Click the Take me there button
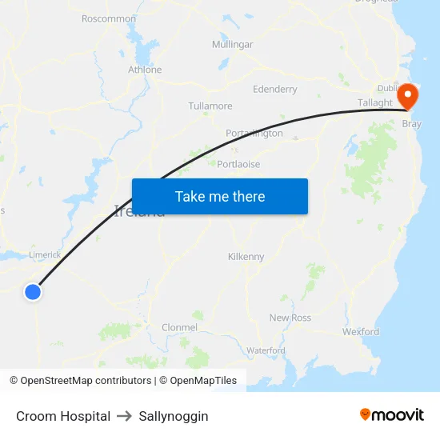(x=220, y=197)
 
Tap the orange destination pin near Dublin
(x=408, y=96)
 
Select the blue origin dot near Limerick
(x=33, y=292)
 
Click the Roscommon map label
(x=109, y=18)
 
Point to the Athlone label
(x=145, y=70)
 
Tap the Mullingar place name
(x=232, y=45)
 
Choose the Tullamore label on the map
(x=210, y=106)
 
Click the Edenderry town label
(x=274, y=90)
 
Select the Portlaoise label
(x=238, y=164)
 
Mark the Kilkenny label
(x=246, y=257)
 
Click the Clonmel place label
(x=179, y=327)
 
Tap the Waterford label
(x=266, y=350)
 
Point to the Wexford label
(x=361, y=331)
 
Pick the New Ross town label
(x=290, y=318)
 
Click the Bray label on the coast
(x=411, y=124)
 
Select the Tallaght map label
(x=375, y=103)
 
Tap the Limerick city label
(x=45, y=254)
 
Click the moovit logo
(x=391, y=415)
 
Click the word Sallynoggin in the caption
(x=174, y=416)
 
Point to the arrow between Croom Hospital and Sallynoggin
(x=124, y=416)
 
